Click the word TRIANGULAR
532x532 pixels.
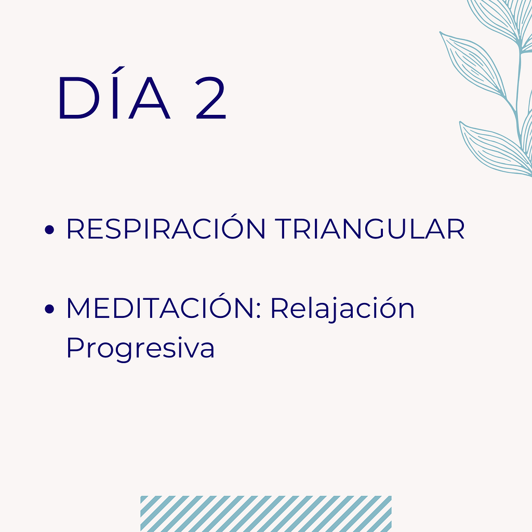click(369, 229)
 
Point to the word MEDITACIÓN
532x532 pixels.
click(164, 309)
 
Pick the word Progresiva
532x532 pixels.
click(140, 348)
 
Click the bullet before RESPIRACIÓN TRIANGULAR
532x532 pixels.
click(50, 230)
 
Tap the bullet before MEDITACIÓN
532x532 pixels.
click(50, 310)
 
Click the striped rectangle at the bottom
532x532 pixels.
click(265, 513)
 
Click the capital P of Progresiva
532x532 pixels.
click(75, 348)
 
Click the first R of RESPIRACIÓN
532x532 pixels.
click(75, 230)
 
